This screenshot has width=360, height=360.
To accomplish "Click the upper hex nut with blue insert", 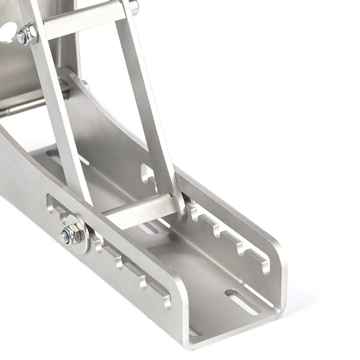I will (24, 32).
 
